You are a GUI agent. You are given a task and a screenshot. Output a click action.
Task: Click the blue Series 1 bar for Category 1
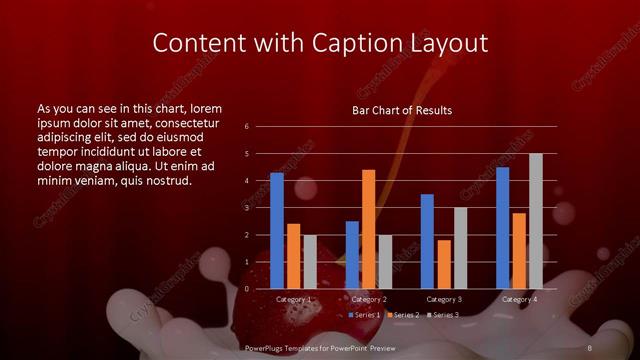(277, 231)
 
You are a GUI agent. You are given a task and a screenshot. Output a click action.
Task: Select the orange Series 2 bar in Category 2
(368, 229)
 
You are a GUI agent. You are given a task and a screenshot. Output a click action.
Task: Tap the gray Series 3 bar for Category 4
(535, 221)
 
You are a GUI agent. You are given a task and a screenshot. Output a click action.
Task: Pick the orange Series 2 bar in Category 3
(444, 264)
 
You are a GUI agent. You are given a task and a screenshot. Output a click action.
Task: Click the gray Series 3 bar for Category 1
(309, 262)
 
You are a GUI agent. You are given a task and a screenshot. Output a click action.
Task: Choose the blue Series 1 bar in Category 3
(427, 241)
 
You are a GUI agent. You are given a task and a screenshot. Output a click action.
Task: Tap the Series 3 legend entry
(446, 315)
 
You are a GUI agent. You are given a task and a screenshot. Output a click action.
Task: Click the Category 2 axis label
(369, 299)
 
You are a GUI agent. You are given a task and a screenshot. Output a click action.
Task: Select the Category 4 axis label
(519, 299)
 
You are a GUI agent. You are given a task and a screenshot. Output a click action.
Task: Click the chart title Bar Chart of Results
(402, 110)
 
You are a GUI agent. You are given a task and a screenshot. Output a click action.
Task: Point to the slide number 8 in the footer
(590, 347)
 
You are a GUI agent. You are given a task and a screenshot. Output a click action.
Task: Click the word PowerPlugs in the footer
(268, 347)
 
